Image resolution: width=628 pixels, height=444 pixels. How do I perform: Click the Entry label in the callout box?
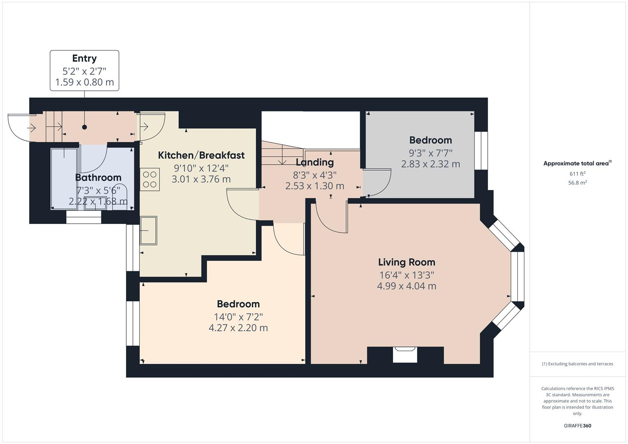coord(84,58)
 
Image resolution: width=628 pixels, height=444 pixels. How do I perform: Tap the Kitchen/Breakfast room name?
coord(201,155)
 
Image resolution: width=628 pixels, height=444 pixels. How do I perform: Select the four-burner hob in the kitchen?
coord(150,180)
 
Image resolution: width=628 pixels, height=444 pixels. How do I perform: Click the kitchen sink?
coord(148,231)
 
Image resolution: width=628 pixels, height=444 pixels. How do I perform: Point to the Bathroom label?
coord(98,178)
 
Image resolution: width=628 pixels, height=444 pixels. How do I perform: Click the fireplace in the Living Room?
coord(405,355)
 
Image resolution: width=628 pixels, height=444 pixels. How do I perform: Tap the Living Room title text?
coord(406,262)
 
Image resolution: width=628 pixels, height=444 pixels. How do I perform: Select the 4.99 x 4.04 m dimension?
coord(406,286)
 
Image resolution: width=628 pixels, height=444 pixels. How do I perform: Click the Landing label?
coord(315,162)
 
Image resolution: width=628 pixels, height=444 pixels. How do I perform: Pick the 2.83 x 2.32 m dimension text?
coord(430,164)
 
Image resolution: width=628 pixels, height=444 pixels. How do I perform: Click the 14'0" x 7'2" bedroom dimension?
coord(238,317)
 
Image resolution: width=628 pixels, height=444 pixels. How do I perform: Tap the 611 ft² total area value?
coord(577,174)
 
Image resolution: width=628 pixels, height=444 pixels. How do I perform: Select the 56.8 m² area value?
coord(577,183)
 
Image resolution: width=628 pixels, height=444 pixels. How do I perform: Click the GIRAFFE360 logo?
coord(577,425)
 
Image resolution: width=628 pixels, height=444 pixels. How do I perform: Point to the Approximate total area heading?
coord(577,163)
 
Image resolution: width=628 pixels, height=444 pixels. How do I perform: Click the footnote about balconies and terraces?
coord(577,364)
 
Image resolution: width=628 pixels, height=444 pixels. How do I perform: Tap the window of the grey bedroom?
coord(481,150)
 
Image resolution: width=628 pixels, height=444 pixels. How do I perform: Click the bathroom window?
coord(83,217)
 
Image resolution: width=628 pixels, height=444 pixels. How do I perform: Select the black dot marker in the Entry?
coord(84,127)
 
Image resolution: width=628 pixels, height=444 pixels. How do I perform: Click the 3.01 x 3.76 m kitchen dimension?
coord(201,179)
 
